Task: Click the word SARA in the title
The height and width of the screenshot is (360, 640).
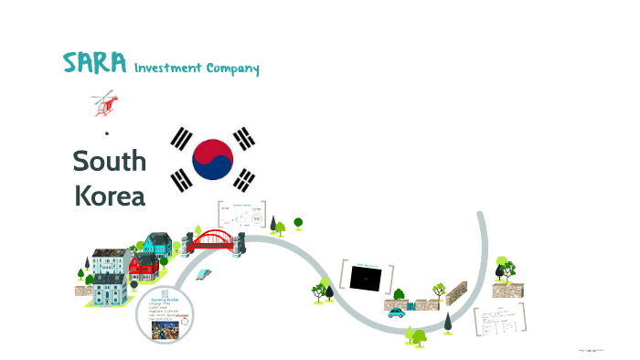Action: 94,63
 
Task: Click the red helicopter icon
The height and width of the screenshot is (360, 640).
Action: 105,103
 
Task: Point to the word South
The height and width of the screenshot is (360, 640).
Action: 109,161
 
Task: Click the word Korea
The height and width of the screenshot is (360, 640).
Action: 109,195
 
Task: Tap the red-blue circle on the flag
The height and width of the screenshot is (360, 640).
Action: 212,159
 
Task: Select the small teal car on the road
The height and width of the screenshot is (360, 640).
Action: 396,312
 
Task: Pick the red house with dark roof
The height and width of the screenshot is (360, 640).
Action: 144,267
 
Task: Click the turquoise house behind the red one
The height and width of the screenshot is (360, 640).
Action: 157,244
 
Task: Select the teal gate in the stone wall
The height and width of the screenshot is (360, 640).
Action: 411,304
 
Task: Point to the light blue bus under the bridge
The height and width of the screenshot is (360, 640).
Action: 205,274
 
